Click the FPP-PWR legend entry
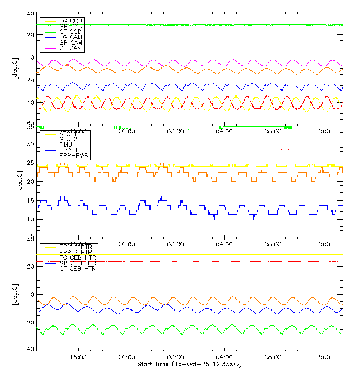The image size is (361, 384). (74, 155)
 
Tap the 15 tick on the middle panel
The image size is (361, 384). (31, 200)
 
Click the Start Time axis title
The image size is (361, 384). (189, 364)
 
